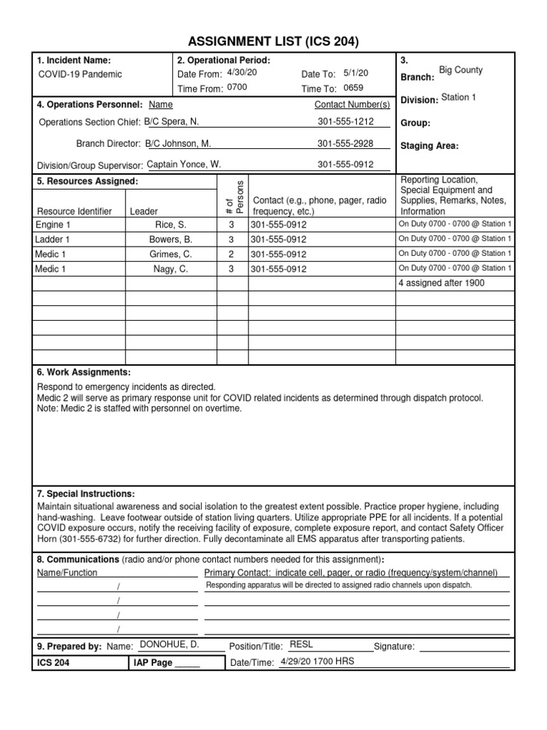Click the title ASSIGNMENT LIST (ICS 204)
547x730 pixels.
click(273, 41)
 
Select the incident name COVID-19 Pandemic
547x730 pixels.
click(80, 74)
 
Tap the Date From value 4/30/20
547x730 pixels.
click(241, 73)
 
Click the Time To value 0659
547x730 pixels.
click(353, 88)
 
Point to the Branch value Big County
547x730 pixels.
click(460, 71)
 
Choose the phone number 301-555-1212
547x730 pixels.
click(345, 122)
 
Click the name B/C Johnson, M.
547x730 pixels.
click(178, 143)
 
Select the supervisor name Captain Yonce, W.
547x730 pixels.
click(184, 165)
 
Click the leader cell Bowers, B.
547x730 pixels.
click(171, 240)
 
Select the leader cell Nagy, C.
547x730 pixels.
click(171, 269)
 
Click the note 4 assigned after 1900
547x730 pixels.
click(441, 283)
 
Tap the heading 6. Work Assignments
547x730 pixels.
click(83, 373)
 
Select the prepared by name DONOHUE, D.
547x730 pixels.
click(169, 644)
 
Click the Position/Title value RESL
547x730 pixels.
click(301, 644)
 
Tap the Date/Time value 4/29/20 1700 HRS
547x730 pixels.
click(317, 661)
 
